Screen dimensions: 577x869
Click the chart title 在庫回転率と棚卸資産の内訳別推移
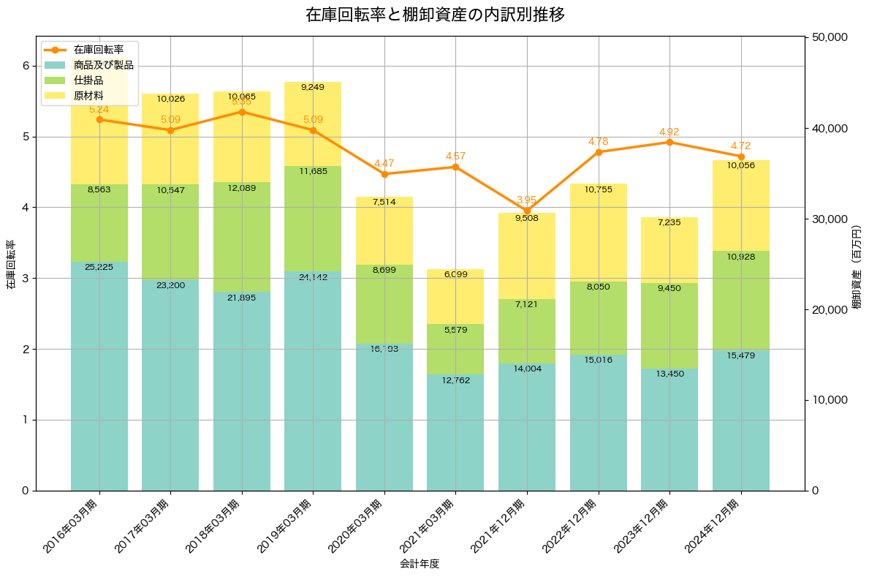tap(434, 15)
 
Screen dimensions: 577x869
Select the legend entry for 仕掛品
tap(88, 80)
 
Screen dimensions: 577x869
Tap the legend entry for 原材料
tap(88, 96)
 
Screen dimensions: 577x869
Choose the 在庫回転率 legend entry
tap(98, 50)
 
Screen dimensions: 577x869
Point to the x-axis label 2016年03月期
tap(71, 525)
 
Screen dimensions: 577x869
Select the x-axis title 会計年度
tap(420, 564)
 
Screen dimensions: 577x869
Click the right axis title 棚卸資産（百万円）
tap(857, 264)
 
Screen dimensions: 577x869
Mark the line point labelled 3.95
tap(527, 211)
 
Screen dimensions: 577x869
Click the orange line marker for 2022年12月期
tap(599, 152)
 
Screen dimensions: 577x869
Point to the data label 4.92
tap(669, 132)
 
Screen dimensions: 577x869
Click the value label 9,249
tap(313, 87)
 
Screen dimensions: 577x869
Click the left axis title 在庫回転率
tap(10, 264)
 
